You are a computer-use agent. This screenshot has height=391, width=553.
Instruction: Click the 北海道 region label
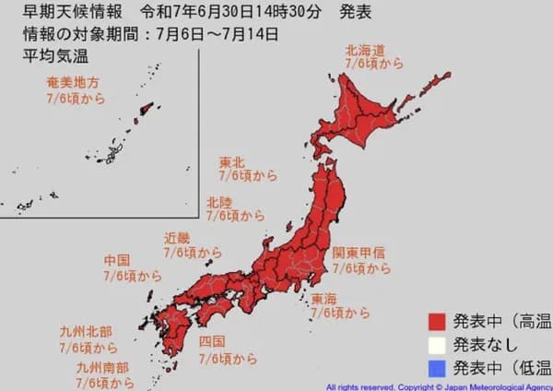[367, 51]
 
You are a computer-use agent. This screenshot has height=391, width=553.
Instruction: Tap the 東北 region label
[231, 163]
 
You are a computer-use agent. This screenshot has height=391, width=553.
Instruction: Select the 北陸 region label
[219, 201]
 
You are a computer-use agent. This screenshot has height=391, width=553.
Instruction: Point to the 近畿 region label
[178, 236]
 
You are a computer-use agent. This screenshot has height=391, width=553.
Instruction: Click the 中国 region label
[117, 260]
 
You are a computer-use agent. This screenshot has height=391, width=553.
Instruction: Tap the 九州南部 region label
[103, 366]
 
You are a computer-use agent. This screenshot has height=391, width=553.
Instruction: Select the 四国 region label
[211, 342]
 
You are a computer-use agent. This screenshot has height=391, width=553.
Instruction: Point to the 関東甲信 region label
[359, 252]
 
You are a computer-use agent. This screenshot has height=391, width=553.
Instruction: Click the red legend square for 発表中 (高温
[438, 321]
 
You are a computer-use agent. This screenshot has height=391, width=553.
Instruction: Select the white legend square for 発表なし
[438, 344]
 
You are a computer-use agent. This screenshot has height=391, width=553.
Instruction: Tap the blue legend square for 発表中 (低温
[438, 367]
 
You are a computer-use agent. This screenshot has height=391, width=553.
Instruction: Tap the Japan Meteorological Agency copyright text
[438, 385]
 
